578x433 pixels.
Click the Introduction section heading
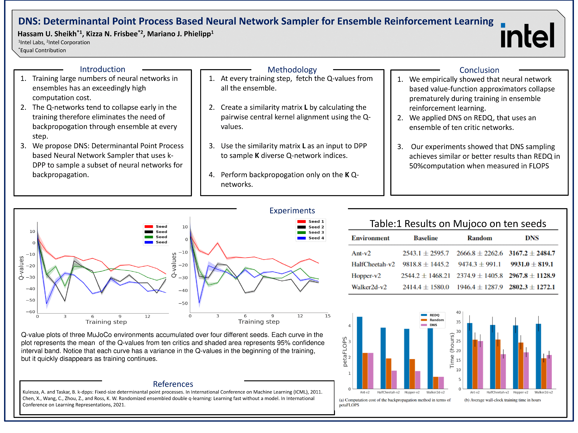(x=103, y=69)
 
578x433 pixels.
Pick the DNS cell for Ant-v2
(x=532, y=253)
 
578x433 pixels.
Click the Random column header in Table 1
(x=480, y=238)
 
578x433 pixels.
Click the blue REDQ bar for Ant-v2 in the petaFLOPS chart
(x=360, y=352)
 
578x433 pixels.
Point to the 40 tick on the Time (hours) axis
(x=458, y=312)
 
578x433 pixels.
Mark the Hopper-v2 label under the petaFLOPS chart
(x=412, y=392)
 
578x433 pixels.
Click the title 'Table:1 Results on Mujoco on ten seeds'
(x=458, y=224)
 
